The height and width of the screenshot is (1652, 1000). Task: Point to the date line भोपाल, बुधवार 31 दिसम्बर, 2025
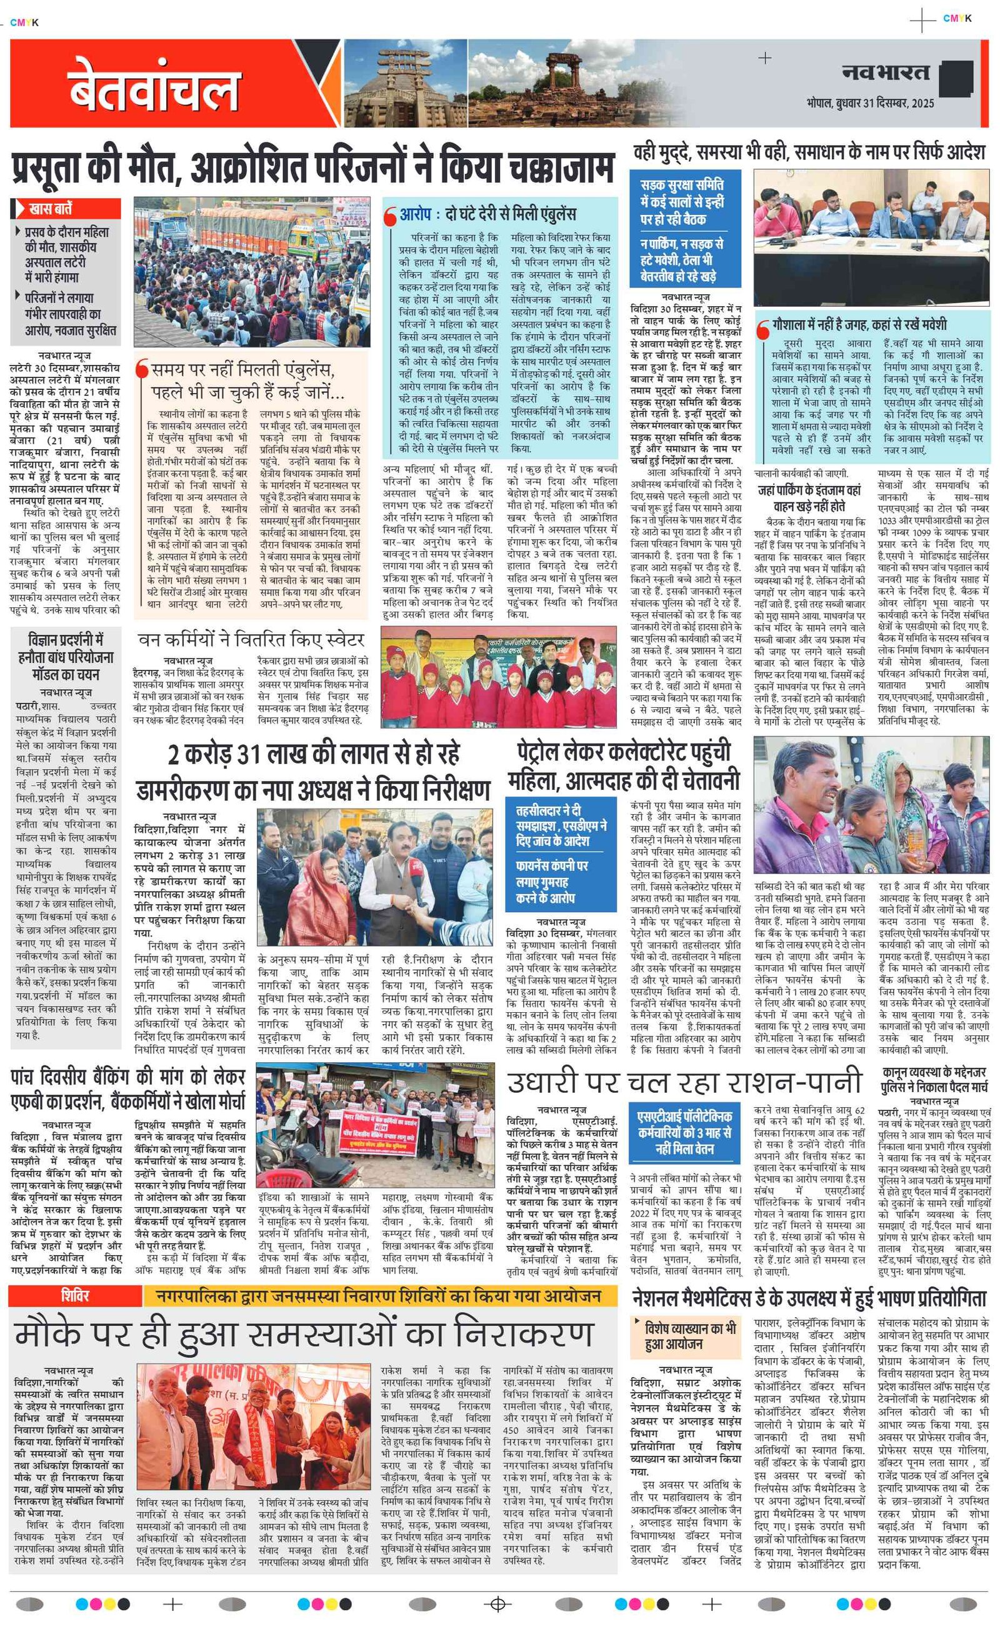(x=870, y=103)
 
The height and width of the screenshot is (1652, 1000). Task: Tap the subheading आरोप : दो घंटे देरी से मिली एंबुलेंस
(x=487, y=214)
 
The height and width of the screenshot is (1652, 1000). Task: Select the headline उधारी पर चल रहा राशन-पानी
(x=683, y=1082)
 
